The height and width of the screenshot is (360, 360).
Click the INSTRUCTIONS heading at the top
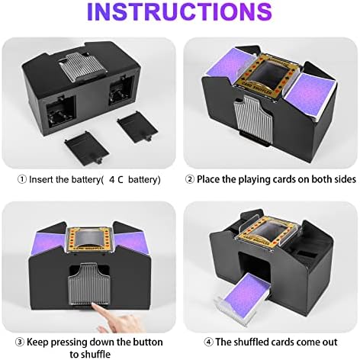(x=179, y=11)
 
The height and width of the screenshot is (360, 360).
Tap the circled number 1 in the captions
(x=22, y=179)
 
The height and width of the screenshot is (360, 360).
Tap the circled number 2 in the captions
(x=190, y=179)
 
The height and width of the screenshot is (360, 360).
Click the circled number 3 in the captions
(x=20, y=342)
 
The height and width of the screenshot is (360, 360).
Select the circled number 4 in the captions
(x=209, y=342)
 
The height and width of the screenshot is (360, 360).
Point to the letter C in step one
(x=121, y=180)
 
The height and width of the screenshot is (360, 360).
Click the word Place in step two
(x=208, y=179)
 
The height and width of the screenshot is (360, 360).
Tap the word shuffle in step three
(x=95, y=354)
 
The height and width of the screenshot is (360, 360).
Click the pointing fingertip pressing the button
(x=95, y=307)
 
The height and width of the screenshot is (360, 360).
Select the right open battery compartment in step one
(x=121, y=91)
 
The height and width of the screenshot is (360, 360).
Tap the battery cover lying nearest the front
(x=87, y=148)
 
